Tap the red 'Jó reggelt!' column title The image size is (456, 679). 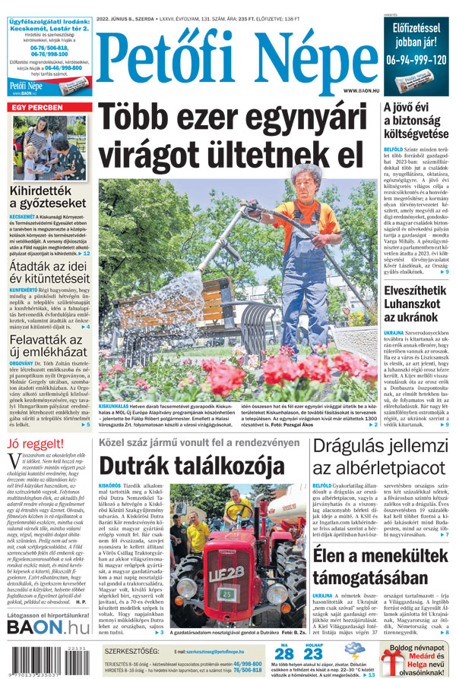[35, 443]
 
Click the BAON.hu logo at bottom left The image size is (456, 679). [49, 627]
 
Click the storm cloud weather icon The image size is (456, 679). [353, 652]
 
